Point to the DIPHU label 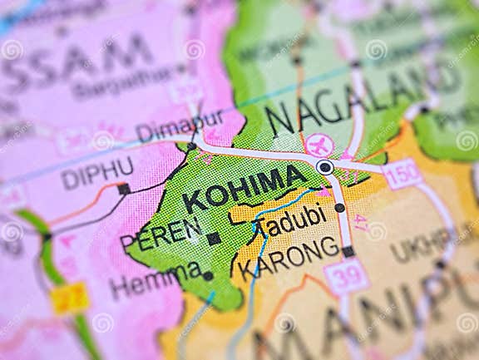tap(96, 173)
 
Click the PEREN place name tap(160, 234)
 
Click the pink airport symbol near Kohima tap(319, 144)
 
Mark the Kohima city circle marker tap(325, 167)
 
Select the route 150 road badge tap(403, 174)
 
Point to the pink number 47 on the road tap(359, 222)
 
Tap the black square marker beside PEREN tap(214, 239)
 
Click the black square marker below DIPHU tap(124, 189)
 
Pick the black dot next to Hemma tap(208, 276)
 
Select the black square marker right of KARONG tap(348, 251)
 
